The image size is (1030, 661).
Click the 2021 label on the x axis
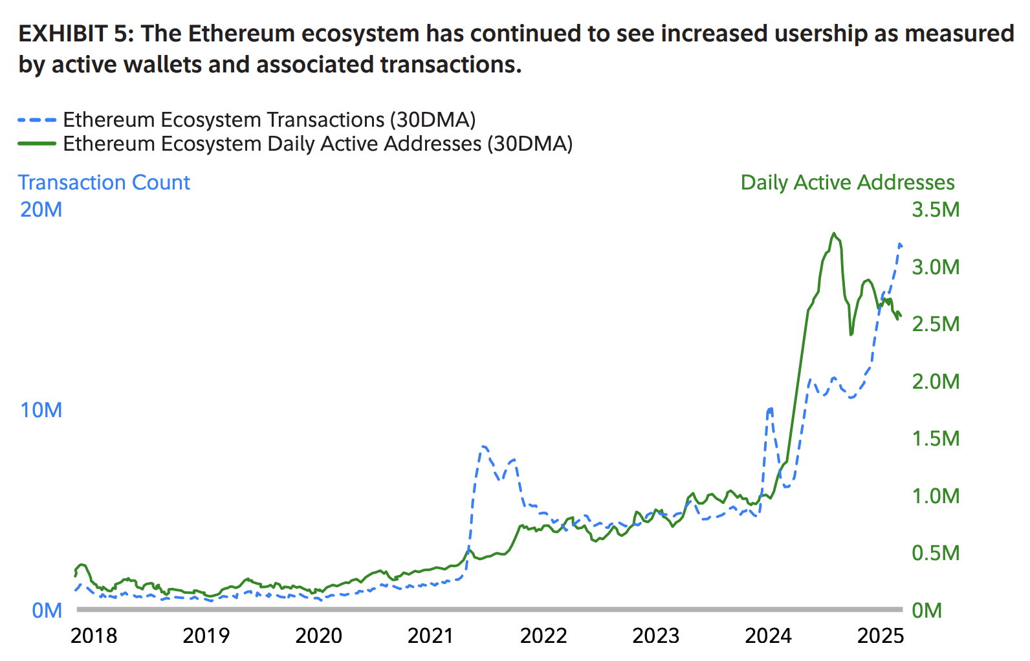tap(431, 636)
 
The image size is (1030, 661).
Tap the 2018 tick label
tap(94, 636)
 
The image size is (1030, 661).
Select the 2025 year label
tap(880, 636)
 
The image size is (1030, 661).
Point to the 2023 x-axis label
tap(655, 636)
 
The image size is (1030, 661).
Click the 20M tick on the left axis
tap(41, 210)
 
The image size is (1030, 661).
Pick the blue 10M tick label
tap(41, 410)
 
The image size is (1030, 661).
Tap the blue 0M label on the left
tap(47, 611)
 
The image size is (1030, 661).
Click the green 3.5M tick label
tap(936, 210)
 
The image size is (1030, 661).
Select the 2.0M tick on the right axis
tap(936, 382)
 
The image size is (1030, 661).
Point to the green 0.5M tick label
tap(936, 553)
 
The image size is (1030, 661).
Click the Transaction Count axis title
tap(104, 182)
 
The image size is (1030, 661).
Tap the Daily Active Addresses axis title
tap(848, 182)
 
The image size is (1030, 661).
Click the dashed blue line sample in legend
tap(37, 120)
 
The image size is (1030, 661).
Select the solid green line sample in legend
tap(37, 144)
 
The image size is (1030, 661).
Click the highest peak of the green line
tap(834, 233)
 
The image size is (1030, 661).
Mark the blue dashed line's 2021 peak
tap(483, 446)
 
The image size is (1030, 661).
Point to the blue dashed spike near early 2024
tap(769, 408)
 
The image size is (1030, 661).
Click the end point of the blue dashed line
tap(901, 244)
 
